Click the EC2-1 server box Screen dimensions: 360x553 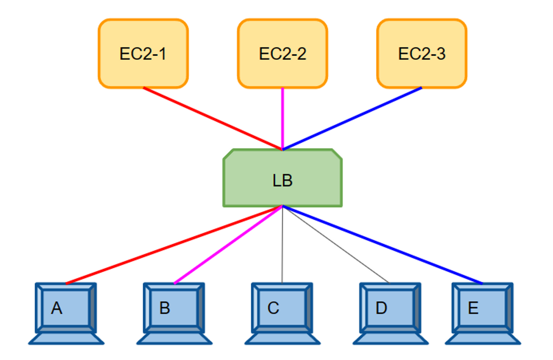[143, 54]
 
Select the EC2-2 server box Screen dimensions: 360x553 [282, 54]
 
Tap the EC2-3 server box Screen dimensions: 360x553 [422, 54]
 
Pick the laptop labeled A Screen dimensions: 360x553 [66, 309]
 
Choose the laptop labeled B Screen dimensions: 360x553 [174, 309]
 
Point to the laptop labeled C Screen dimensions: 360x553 [282, 309]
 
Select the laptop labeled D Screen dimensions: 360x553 [390, 309]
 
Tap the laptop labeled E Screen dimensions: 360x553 [483, 309]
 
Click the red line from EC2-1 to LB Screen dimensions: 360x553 [213, 119]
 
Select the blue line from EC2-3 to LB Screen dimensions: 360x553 [352, 119]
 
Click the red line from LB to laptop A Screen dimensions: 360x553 [174, 245]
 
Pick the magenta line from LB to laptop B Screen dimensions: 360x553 [228, 245]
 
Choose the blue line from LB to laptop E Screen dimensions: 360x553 [382, 245]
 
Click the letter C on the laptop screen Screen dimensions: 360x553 [273, 308]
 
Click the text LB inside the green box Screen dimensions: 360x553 [282, 180]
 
